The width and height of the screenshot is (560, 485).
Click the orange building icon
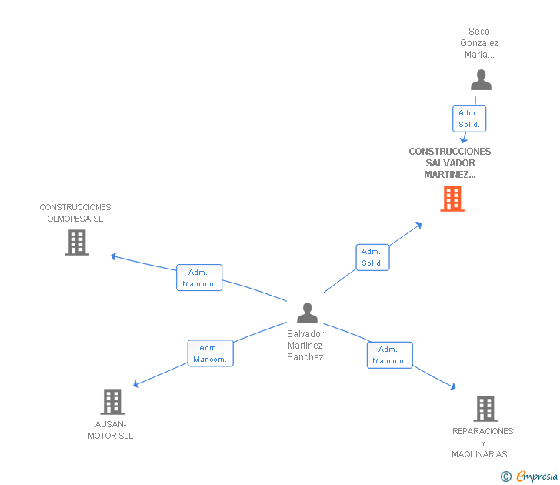[452, 199]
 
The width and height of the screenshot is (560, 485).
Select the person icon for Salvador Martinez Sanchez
[307, 313]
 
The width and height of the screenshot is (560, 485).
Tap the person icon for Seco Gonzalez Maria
[481, 80]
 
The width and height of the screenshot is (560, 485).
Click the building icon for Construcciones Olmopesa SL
[77, 242]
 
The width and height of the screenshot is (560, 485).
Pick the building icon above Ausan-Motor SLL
[112, 402]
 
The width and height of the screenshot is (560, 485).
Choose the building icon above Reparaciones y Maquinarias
[485, 409]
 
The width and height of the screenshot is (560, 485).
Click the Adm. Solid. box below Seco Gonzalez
[469, 119]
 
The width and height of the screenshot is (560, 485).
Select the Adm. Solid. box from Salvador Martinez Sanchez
[372, 257]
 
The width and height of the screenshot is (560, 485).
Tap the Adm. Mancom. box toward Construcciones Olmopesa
[199, 278]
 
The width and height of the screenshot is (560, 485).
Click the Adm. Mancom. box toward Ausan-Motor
[210, 353]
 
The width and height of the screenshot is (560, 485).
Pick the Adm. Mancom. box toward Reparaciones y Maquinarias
[390, 355]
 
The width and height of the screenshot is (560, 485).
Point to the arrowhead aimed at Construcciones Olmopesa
[114, 256]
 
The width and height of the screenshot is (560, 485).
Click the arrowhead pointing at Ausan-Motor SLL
[135, 384]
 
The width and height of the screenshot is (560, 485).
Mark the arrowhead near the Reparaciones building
[453, 386]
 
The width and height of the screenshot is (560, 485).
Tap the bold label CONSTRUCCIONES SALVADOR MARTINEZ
[450, 163]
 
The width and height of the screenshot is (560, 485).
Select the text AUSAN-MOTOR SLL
[110, 430]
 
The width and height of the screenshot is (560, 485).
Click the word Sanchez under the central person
[305, 357]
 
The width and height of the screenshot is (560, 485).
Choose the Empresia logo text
[537, 476]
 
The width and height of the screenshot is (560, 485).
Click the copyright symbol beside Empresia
[505, 477]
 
